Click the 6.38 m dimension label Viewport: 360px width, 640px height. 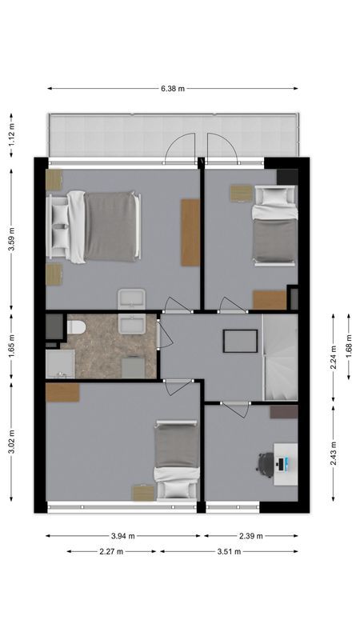point(172,89)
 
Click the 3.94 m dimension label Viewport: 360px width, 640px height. point(122,536)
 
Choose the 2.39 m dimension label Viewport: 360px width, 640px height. point(250,536)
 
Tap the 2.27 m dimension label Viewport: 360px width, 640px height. point(113,551)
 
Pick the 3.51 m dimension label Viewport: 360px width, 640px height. point(229,551)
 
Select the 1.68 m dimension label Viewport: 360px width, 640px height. point(349,348)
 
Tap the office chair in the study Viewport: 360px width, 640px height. point(266,463)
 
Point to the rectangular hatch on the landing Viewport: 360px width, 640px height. point(240,341)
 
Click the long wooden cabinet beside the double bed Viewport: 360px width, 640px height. point(190,232)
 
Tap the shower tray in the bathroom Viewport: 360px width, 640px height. point(60,365)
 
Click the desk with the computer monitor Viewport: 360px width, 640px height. point(286,462)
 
